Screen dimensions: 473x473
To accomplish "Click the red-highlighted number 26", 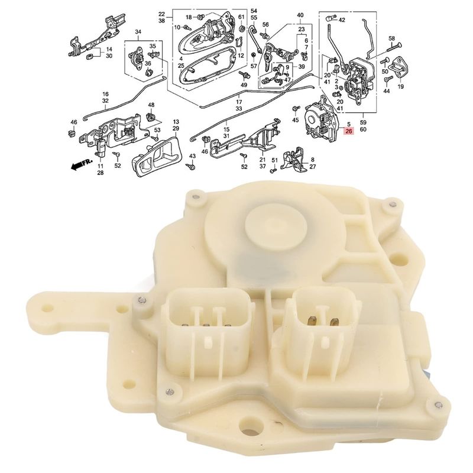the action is (x=349, y=131).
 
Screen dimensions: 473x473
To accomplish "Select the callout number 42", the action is (x=342, y=20).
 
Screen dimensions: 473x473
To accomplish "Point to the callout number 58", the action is (x=391, y=38).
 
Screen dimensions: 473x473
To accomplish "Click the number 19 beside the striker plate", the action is (x=401, y=87).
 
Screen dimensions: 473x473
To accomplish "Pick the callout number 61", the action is (x=241, y=17).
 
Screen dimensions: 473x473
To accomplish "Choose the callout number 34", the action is (x=138, y=32).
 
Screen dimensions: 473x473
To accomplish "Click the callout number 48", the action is (x=151, y=105).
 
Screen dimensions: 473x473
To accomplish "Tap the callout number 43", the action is (x=192, y=156).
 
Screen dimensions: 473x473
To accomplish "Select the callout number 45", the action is (x=296, y=120).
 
